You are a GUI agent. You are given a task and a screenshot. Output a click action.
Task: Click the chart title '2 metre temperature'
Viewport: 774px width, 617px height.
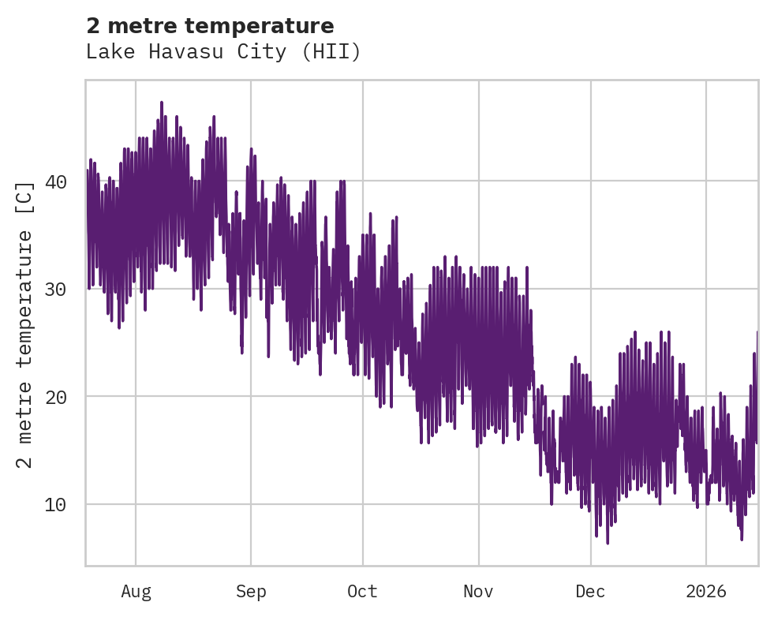point(210,26)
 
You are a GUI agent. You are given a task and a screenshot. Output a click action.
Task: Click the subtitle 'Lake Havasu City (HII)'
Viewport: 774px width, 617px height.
point(223,52)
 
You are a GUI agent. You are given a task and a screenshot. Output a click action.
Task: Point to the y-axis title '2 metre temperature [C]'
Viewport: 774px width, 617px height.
point(25,323)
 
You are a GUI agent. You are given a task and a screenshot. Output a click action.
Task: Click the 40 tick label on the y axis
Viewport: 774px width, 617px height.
point(54,181)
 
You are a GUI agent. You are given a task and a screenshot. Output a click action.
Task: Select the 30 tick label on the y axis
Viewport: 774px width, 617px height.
point(54,289)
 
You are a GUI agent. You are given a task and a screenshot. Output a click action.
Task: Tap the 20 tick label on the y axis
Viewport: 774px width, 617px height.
point(54,396)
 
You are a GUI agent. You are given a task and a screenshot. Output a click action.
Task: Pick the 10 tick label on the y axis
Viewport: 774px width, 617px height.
point(54,504)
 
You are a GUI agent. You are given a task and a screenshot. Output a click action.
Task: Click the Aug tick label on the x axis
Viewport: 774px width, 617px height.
point(136,591)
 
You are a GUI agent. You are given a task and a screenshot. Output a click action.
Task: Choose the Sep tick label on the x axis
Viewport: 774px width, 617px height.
point(251,591)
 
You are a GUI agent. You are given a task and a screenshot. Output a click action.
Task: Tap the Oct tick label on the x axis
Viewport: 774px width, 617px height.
point(362,591)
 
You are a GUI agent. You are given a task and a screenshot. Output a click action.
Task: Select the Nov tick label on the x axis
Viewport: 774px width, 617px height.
point(478,591)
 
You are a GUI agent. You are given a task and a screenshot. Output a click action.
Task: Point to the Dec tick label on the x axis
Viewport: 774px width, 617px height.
point(590,591)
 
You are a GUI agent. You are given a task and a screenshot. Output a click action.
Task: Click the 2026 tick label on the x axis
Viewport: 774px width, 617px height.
point(706,591)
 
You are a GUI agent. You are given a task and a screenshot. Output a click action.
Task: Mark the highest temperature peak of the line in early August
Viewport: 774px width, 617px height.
point(161,102)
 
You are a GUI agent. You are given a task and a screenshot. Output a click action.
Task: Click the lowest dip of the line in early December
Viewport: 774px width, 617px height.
point(608,543)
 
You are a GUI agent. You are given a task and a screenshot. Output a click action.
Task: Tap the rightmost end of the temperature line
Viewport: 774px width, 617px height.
point(757,332)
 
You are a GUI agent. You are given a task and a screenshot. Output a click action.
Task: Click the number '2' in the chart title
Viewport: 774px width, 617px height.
point(93,26)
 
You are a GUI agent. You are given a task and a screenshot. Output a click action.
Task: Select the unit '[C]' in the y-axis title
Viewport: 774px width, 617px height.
point(25,197)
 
